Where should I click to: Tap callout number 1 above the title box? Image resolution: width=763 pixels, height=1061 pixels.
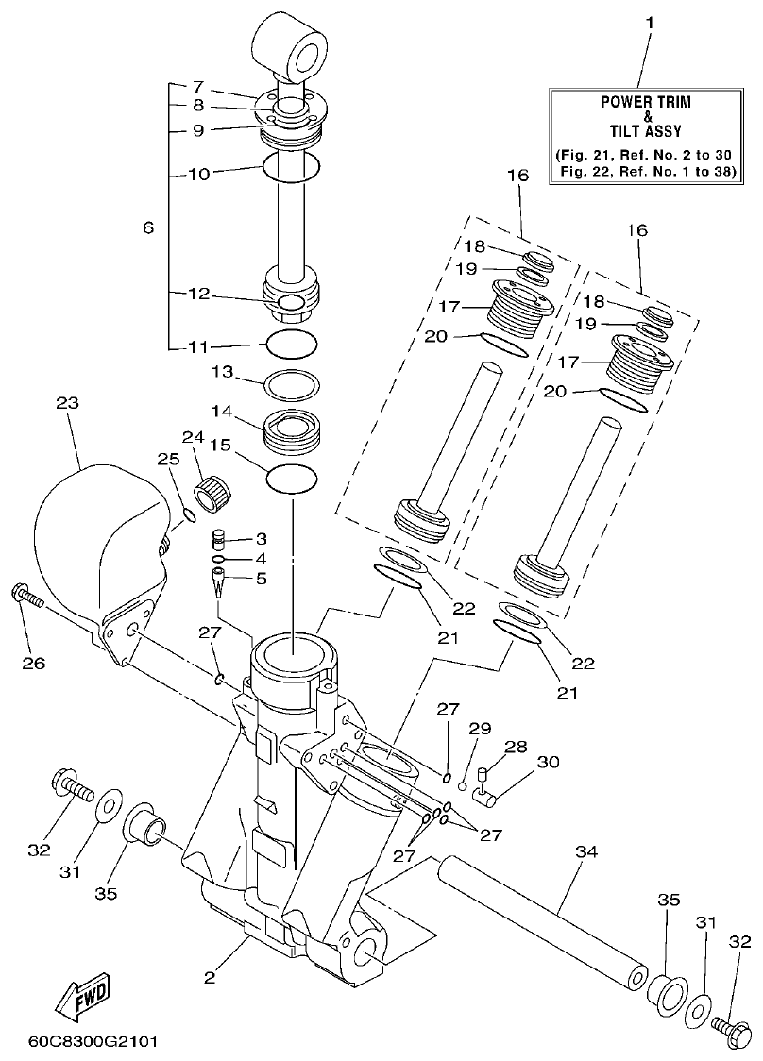click(648, 20)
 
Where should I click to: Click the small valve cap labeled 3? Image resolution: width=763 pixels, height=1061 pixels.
click(219, 540)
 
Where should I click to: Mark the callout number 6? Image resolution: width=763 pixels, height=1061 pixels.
click(147, 227)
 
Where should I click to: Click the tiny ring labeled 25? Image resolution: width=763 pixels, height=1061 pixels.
click(188, 515)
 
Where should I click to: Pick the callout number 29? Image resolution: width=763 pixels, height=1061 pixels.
click(482, 730)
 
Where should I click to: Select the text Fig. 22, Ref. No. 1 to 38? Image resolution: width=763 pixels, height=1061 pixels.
click(648, 171)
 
